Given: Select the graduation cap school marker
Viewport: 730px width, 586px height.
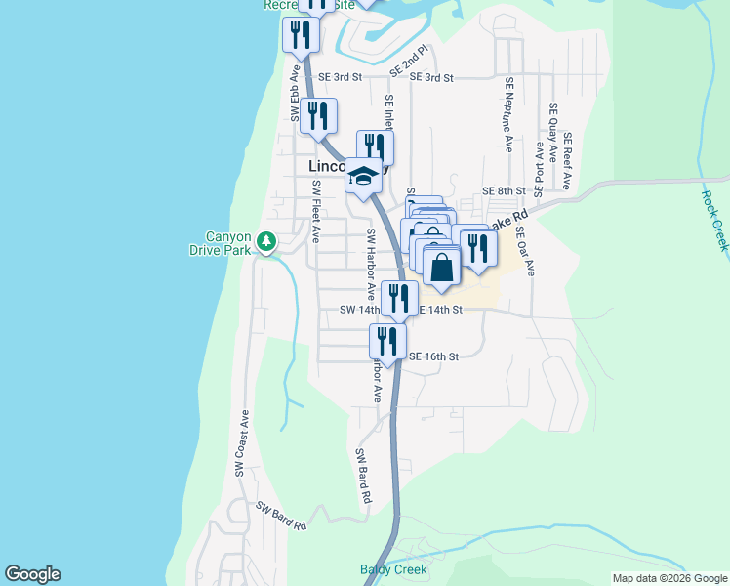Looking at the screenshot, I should coord(363,176).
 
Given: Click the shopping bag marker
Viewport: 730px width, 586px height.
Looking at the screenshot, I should coord(442,267).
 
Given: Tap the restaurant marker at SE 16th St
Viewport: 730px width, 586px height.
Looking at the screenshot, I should coord(387,342).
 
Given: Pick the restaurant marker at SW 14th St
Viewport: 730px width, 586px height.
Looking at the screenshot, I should coord(398,298).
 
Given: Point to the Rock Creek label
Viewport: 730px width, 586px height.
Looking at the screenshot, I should coord(714,220).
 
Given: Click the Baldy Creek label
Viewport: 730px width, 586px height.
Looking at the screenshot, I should coord(394,569).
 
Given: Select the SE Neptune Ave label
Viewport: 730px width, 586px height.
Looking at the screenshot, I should coord(508,116).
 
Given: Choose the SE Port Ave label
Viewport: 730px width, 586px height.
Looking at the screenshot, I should coord(538,167).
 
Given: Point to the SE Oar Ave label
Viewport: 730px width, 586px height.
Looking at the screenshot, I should coord(525,252).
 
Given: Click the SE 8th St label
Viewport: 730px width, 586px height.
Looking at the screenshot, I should coord(504,191).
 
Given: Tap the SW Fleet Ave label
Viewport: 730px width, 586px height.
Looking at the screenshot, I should coord(315,211).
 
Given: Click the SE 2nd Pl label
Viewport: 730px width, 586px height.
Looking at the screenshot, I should coord(410,61).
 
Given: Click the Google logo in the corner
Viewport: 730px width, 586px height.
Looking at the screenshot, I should coord(32,574).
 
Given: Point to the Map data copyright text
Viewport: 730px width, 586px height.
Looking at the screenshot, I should coord(669,578).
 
